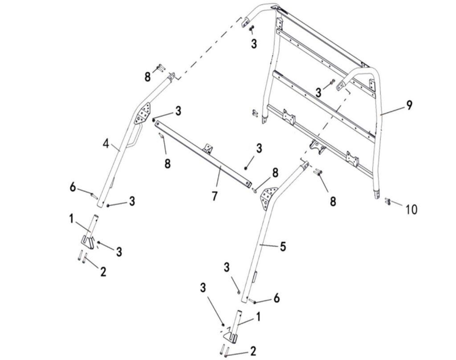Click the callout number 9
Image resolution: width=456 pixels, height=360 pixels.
(x=409, y=105)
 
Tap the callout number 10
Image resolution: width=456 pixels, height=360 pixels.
(x=411, y=209)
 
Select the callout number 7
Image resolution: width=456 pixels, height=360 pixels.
(x=215, y=196)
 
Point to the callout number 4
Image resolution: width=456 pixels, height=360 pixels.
(x=106, y=143)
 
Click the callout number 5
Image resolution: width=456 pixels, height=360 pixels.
(x=283, y=246)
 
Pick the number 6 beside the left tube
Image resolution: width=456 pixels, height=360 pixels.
(x=73, y=187)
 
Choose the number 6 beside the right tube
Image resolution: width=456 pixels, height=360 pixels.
(x=276, y=298)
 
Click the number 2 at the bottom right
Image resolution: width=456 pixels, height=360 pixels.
(x=253, y=351)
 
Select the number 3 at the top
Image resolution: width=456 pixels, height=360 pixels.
(x=254, y=44)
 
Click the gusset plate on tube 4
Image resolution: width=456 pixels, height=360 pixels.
(x=142, y=113)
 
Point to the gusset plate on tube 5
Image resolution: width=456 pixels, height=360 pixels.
(x=269, y=198)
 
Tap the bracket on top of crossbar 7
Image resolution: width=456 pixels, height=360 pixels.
(x=208, y=148)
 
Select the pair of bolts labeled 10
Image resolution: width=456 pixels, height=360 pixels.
(x=388, y=201)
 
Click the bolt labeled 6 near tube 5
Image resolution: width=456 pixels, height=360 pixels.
(x=252, y=302)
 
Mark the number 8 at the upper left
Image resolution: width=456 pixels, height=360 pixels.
(x=148, y=77)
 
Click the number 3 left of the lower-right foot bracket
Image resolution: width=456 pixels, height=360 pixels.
(x=203, y=287)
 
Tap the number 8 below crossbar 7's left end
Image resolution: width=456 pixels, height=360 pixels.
(x=167, y=164)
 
